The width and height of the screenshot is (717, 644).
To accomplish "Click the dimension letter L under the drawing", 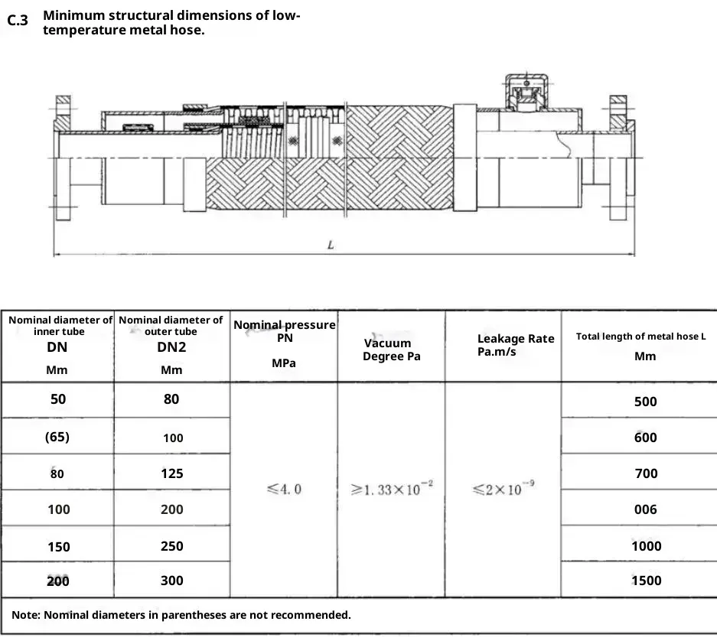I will [x=330, y=246].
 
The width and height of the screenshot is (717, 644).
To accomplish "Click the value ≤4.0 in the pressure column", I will [x=284, y=489].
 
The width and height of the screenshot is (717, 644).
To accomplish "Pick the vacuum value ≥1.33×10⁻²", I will [x=392, y=489].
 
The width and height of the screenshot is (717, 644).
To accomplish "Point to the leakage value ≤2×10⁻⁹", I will [x=503, y=489].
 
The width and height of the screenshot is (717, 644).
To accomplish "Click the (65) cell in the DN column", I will [x=57, y=437].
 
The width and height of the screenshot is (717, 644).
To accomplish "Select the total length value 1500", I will [x=646, y=581].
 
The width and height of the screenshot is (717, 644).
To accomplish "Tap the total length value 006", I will [x=646, y=509].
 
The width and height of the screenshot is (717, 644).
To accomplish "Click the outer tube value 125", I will [x=172, y=473].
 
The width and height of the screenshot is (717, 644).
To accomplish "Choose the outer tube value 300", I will [x=172, y=581].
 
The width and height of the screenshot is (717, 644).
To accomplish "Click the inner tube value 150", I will [x=58, y=546].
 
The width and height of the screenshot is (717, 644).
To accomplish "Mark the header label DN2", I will [x=171, y=347].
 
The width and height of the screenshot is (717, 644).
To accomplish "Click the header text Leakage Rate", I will [x=516, y=339].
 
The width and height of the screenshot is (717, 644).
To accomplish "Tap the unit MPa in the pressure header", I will [x=284, y=363].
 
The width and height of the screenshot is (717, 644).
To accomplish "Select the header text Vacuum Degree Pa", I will [x=392, y=350].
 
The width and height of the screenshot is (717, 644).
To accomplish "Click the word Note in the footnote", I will [x=27, y=615].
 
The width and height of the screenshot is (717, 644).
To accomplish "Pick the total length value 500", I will [x=646, y=402].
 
